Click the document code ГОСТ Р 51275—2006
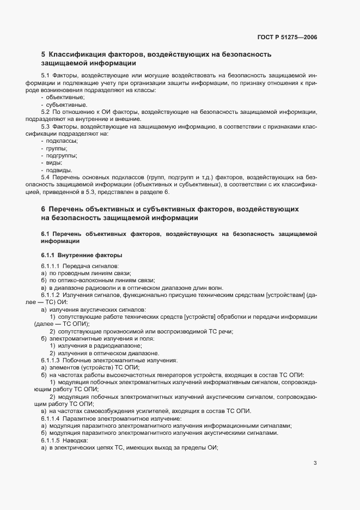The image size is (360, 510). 286,38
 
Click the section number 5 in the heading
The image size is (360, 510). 43,54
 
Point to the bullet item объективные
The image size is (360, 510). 62,96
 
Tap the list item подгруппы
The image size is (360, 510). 62,155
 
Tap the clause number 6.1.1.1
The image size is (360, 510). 52,266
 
